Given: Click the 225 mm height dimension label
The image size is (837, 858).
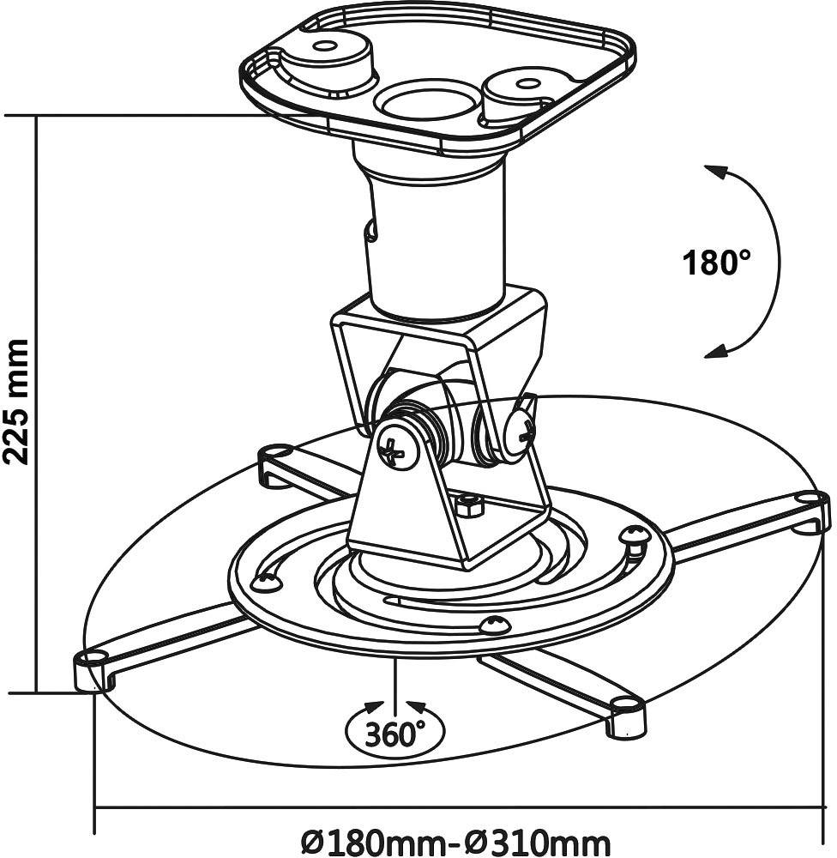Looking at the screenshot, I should pyautogui.click(x=17, y=402).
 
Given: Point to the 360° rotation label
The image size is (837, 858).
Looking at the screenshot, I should pyautogui.click(x=395, y=734).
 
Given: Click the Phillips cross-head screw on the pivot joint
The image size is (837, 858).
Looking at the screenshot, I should pyautogui.click(x=396, y=449).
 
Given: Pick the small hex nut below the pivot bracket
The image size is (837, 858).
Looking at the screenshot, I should pyautogui.click(x=468, y=505).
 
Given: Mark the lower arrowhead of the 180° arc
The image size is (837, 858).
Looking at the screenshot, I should pyautogui.click(x=714, y=351).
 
